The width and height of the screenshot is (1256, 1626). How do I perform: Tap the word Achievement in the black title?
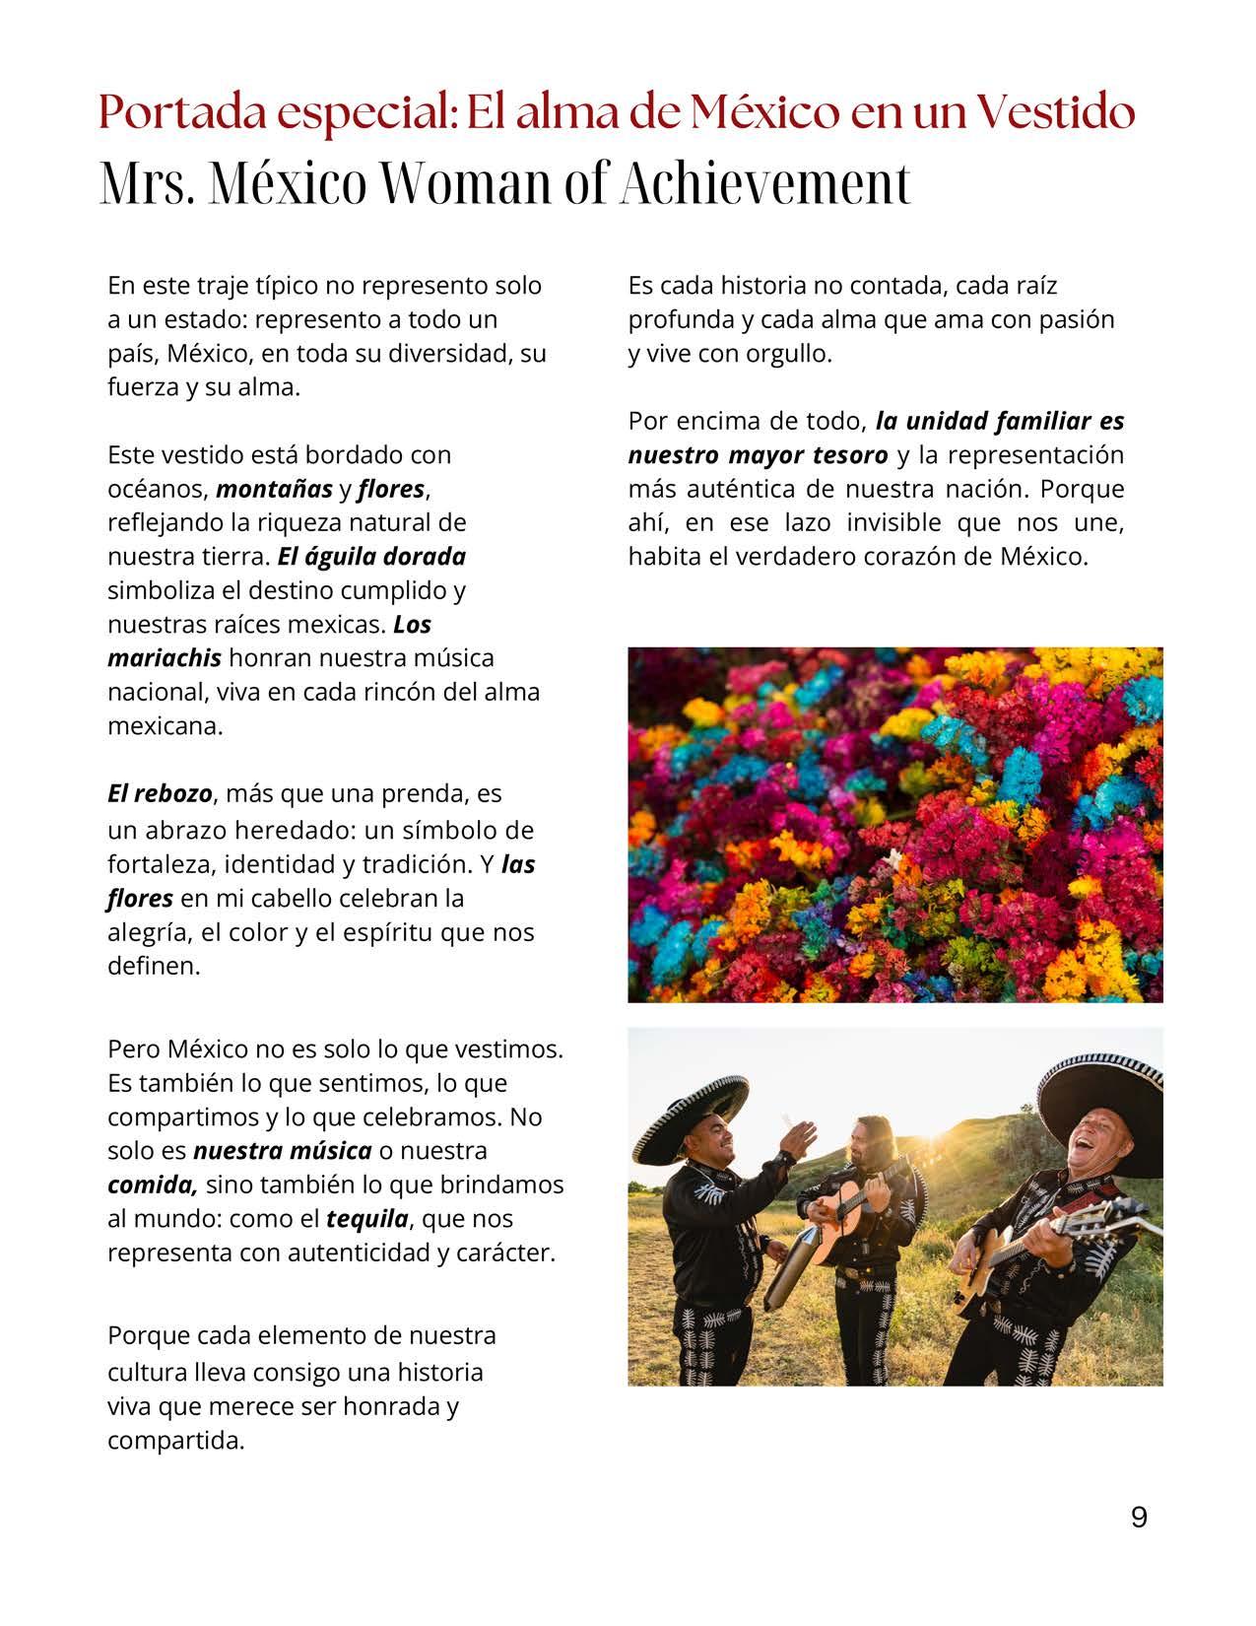[764, 183]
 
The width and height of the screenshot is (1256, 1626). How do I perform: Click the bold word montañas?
[274, 489]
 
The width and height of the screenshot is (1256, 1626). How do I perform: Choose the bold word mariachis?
[164, 658]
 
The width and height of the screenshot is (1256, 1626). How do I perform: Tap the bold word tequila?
[366, 1219]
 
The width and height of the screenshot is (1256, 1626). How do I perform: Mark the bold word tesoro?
[850, 455]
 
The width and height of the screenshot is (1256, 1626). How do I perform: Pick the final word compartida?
[175, 1441]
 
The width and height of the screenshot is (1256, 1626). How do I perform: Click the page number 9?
[1139, 1518]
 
